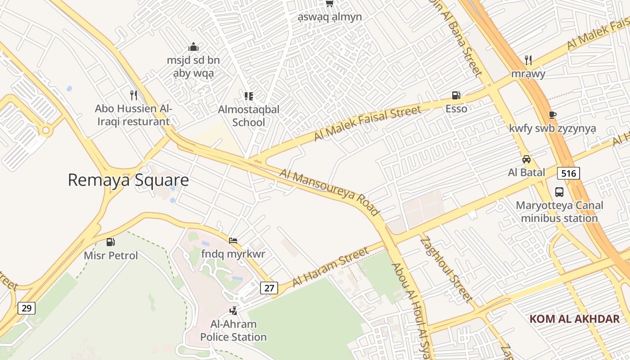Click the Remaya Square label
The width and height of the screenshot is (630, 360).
point(128,180)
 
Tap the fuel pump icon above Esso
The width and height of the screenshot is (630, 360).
point(456,95)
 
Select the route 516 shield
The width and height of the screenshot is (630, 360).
point(568,173)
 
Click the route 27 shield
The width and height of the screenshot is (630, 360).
point(269,288)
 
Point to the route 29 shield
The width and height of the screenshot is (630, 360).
point(27,308)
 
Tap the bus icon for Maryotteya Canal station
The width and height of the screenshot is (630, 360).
point(559,192)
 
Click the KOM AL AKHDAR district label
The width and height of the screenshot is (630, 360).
point(575,319)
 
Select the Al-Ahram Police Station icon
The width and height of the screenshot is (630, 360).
point(233,310)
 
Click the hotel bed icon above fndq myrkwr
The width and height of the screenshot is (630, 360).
point(233,241)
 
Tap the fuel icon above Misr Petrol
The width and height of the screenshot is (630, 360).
point(110,242)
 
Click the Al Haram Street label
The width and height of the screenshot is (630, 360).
point(330,267)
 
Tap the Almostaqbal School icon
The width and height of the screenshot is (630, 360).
point(248,96)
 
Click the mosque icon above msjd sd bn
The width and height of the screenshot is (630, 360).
point(193,47)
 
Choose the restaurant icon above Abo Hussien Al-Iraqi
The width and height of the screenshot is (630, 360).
point(133,95)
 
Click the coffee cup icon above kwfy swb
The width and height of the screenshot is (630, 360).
point(553,115)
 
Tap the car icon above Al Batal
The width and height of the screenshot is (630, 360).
point(526,159)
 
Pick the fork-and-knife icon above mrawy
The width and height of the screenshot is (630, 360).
point(528,60)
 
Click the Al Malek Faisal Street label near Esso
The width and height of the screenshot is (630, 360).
point(367,122)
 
